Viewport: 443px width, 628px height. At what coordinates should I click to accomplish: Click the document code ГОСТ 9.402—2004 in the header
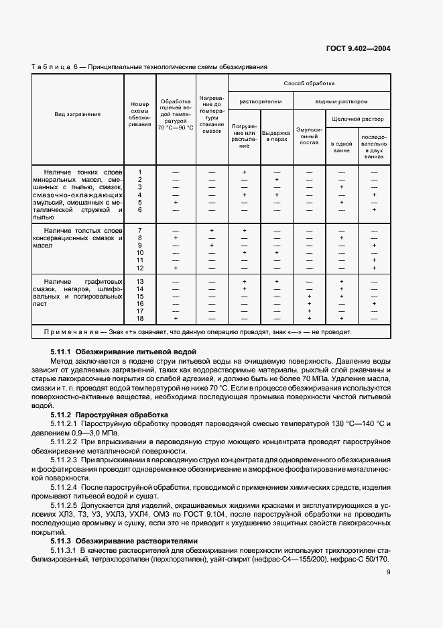coord(358,48)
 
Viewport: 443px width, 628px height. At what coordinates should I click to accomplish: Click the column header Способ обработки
coord(309,83)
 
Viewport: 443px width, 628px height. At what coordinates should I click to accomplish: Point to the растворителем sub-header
coord(261,101)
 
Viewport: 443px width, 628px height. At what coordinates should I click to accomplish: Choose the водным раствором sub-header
coord(342,101)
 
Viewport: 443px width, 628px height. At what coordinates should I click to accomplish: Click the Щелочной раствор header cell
coord(358,119)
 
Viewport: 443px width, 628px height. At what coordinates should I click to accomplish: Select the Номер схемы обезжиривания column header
coord(140,115)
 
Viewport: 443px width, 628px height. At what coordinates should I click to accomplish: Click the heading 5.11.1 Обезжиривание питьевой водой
coord(123,351)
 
